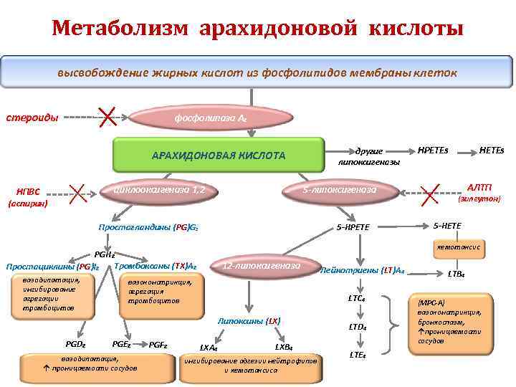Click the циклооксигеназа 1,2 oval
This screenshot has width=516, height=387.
tap(154, 190)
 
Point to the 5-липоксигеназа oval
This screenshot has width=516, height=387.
tap(339, 190)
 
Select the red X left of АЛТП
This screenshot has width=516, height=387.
tap(430, 190)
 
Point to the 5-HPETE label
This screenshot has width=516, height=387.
tap(353, 227)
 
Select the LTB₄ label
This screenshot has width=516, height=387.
tap(456, 274)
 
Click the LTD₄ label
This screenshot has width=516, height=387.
tap(357, 327)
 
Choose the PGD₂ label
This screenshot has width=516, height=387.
tap(75, 344)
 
